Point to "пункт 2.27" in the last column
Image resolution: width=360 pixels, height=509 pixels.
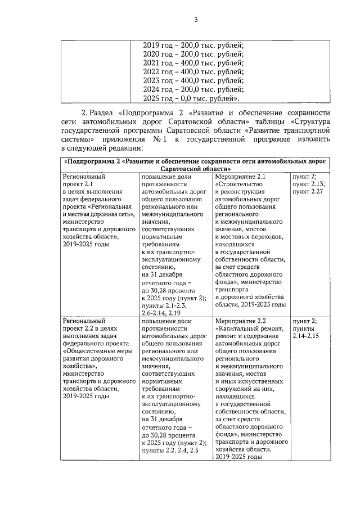pos(307,192)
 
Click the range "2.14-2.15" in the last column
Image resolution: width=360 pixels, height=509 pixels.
pos(305,335)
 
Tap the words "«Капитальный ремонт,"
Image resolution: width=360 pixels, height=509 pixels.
pos(249,328)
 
